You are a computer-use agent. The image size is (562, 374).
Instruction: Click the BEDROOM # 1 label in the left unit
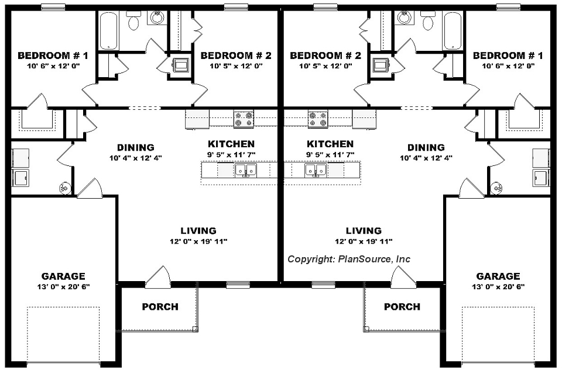click(53, 56)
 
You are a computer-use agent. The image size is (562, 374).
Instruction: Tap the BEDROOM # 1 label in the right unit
click(508, 56)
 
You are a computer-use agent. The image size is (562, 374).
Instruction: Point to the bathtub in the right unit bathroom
click(453, 30)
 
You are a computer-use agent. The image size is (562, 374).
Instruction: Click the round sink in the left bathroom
click(157, 18)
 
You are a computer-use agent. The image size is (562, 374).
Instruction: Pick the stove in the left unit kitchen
click(244, 119)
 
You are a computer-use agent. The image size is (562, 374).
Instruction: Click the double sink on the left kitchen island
click(245, 170)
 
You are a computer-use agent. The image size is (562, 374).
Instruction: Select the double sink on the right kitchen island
click(316, 170)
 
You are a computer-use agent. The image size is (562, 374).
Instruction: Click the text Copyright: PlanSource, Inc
click(348, 259)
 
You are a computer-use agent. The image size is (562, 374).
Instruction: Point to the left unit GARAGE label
click(63, 276)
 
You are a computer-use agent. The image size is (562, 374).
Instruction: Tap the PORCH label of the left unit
click(160, 307)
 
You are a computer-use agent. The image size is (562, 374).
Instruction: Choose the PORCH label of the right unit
click(402, 307)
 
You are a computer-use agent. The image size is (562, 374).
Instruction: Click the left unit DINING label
click(135, 147)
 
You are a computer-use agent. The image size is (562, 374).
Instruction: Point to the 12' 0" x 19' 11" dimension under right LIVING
click(363, 241)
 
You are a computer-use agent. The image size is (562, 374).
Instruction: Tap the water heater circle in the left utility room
click(64, 188)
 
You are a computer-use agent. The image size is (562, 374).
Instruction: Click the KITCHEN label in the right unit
click(330, 144)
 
